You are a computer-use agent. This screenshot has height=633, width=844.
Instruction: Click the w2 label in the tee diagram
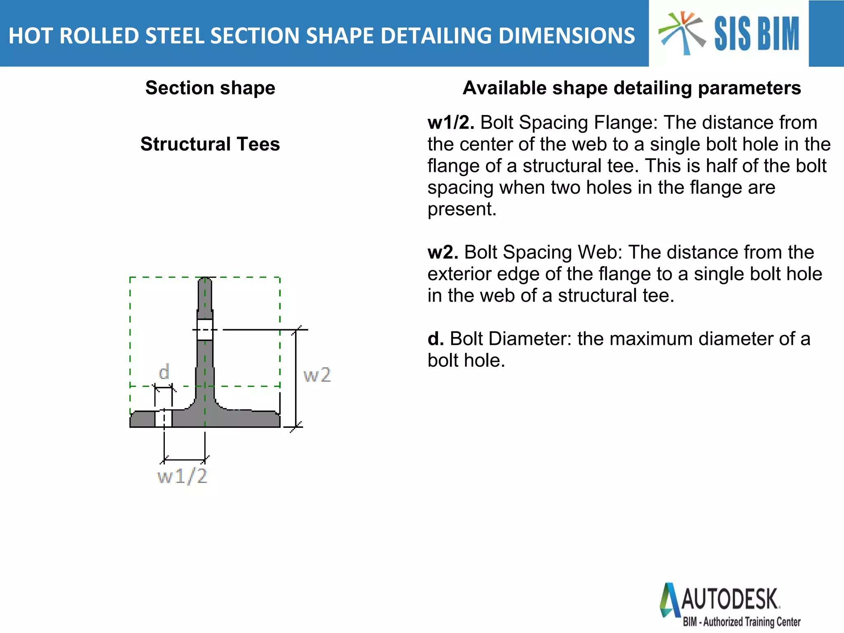pyautogui.click(x=317, y=375)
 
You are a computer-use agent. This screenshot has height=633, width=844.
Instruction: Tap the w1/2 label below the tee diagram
pyautogui.click(x=182, y=476)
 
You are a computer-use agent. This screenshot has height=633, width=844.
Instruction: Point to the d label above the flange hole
pyautogui.click(x=164, y=372)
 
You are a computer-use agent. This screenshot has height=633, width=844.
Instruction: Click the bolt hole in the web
pyautogui.click(x=205, y=330)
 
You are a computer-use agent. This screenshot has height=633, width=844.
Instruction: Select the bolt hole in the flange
pyautogui.click(x=163, y=418)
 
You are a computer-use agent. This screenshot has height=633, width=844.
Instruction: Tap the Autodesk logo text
pyautogui.click(x=730, y=599)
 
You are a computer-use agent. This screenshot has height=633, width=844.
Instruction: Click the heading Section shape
pyautogui.click(x=210, y=88)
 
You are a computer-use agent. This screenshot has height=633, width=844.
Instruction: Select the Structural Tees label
pyautogui.click(x=210, y=144)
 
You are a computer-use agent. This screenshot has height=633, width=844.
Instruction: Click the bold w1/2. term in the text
pyautogui.click(x=451, y=122)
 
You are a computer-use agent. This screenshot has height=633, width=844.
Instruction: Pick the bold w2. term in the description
pyautogui.click(x=443, y=252)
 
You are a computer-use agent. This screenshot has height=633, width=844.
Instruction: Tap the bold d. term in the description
pyautogui.click(x=436, y=339)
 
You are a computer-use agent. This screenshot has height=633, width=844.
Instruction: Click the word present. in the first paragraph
pyautogui.click(x=462, y=209)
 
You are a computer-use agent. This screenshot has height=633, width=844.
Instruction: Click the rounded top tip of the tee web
pyautogui.click(x=205, y=279)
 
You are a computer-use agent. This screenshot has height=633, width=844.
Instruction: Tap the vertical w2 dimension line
pyautogui.click(x=296, y=378)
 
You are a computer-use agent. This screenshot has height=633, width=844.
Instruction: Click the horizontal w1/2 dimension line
pyautogui.click(x=185, y=460)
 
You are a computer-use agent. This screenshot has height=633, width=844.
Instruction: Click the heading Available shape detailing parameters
pyautogui.click(x=632, y=88)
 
